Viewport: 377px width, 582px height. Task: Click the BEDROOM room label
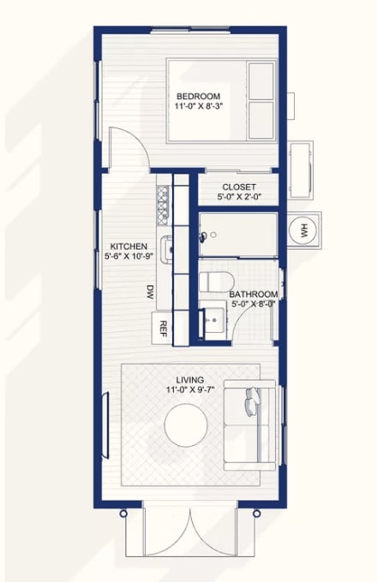pyautogui.click(x=198, y=96)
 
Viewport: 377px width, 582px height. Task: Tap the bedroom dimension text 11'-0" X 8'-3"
pyautogui.click(x=198, y=106)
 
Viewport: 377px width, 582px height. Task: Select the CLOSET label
pyautogui.click(x=239, y=187)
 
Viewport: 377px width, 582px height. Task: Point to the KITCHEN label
pyautogui.click(x=129, y=246)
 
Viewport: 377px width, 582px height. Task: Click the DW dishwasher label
pyautogui.click(x=150, y=292)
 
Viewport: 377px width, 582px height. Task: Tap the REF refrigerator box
pyautogui.click(x=162, y=328)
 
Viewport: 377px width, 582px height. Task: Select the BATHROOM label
pyautogui.click(x=254, y=294)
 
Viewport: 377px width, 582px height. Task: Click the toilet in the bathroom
pyautogui.click(x=216, y=282)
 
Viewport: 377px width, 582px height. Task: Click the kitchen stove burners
pyautogui.click(x=162, y=205)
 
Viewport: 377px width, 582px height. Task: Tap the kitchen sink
pyautogui.click(x=167, y=250)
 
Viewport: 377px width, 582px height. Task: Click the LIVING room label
pyautogui.click(x=190, y=380)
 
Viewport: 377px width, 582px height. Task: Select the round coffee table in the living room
pyautogui.click(x=186, y=425)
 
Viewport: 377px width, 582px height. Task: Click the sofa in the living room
pyautogui.click(x=249, y=425)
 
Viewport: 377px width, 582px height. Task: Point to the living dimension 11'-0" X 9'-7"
pyautogui.click(x=190, y=389)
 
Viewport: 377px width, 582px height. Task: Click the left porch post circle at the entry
pyautogui.click(x=123, y=514)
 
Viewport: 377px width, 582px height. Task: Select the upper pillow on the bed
pyautogui.click(x=261, y=81)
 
